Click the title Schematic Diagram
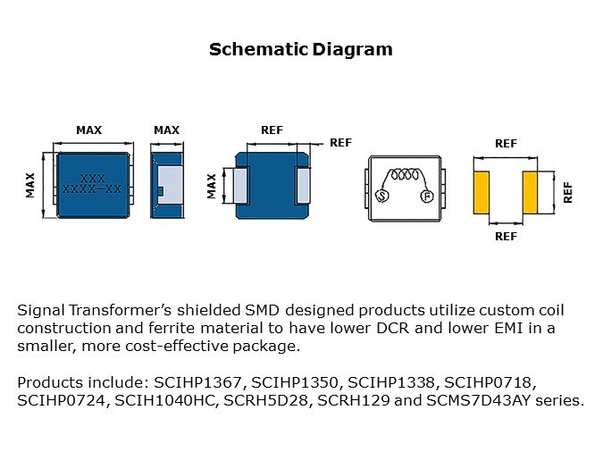point(301,50)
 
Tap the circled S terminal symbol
point(381,197)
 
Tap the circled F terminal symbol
point(427,197)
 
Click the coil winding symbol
point(405,175)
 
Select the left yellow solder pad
point(482,193)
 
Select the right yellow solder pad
point(530,193)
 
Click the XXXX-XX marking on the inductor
point(92,188)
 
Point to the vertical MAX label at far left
point(30,186)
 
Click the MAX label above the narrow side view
point(166,130)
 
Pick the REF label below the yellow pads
point(507,236)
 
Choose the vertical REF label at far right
point(567,193)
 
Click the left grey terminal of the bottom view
point(240,186)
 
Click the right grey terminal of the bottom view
point(303,186)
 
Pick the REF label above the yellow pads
point(507,144)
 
